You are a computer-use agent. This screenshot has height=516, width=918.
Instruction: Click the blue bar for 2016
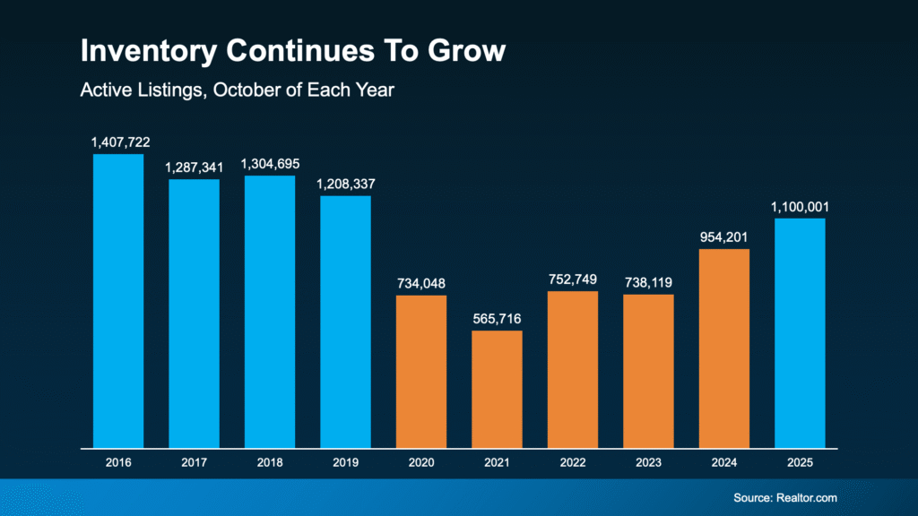[x=118, y=301]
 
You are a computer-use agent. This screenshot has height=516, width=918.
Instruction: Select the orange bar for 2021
[x=497, y=389]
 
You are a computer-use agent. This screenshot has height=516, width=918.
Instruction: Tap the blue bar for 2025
[x=800, y=332]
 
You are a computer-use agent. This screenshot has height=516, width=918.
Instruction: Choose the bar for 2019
[x=346, y=322]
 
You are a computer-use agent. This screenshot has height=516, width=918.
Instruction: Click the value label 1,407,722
[x=118, y=142]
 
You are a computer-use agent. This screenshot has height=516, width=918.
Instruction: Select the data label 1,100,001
[x=800, y=207]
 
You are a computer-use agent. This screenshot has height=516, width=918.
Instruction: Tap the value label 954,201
[x=724, y=236]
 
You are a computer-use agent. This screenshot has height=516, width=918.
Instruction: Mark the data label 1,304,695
[x=270, y=164]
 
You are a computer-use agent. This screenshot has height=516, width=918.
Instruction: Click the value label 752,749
[x=573, y=279]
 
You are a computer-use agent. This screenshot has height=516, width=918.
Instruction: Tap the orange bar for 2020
[x=421, y=371]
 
